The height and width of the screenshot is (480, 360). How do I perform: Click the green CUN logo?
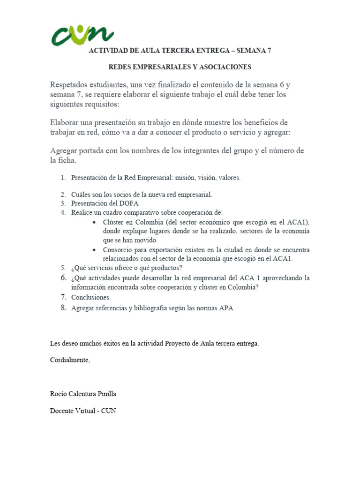82,36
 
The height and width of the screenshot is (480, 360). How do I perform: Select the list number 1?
62,178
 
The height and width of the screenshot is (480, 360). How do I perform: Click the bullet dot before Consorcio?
95,250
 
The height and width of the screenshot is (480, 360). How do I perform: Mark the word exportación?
171,250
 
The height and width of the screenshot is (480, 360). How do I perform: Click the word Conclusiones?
91,297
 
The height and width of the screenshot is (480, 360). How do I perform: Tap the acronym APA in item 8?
226,308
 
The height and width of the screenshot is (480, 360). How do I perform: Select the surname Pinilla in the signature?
106,394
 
